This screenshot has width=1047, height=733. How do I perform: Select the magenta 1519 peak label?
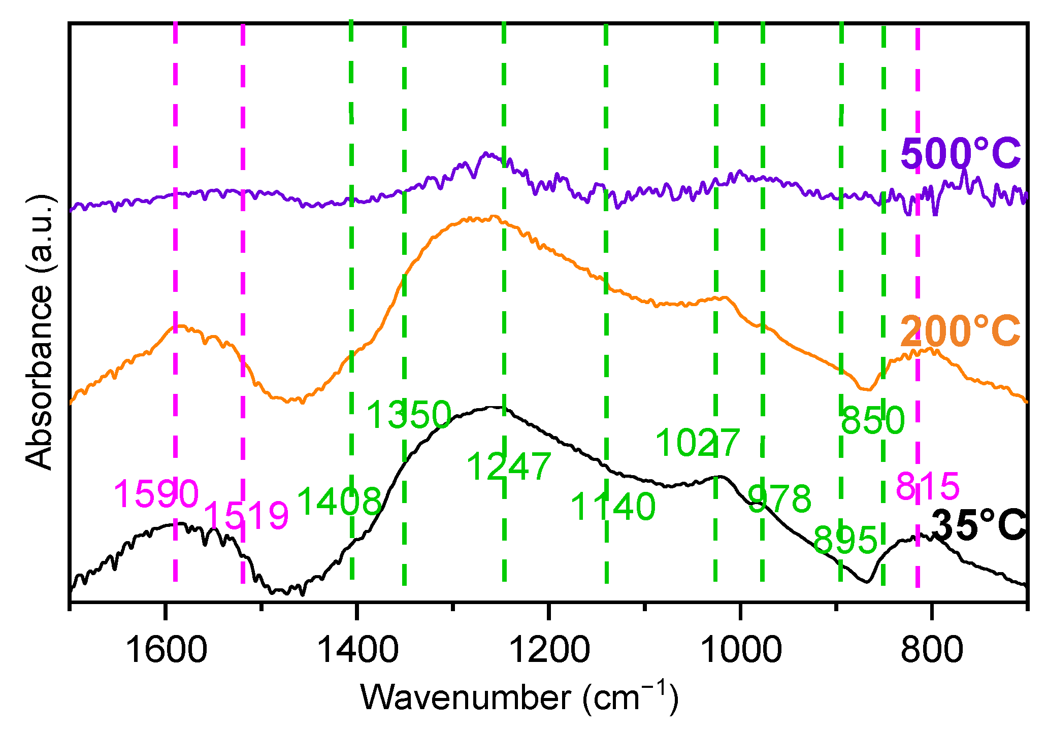[246, 516]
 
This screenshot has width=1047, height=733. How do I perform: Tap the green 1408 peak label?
[339, 502]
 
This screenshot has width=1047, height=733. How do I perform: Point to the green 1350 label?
[409, 415]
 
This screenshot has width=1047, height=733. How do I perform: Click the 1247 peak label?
[509, 467]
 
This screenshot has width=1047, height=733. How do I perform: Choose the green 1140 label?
[613, 507]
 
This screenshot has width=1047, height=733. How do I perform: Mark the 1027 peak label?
[698, 442]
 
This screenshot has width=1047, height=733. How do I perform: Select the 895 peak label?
[845, 540]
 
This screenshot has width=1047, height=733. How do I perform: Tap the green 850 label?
[873, 420]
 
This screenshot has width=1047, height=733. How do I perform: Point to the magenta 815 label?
[928, 486]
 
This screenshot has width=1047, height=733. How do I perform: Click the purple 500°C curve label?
[960, 154]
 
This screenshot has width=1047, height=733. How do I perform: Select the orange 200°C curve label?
[960, 331]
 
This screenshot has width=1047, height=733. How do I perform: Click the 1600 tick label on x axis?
[166, 650]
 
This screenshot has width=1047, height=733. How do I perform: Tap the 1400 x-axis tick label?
[357, 650]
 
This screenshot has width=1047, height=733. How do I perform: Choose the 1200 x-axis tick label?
[549, 650]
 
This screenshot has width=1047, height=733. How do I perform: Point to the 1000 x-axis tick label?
[741, 650]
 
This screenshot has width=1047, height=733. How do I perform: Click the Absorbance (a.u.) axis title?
[40, 332]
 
